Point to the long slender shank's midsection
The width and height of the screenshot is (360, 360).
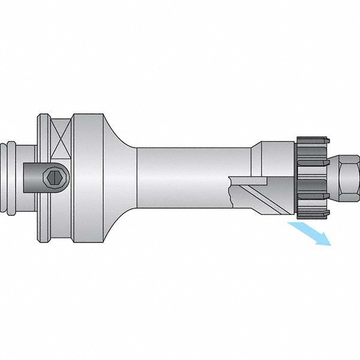pyautogui.click(x=192, y=177)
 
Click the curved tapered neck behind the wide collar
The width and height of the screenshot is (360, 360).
pyautogui.click(x=122, y=177)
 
